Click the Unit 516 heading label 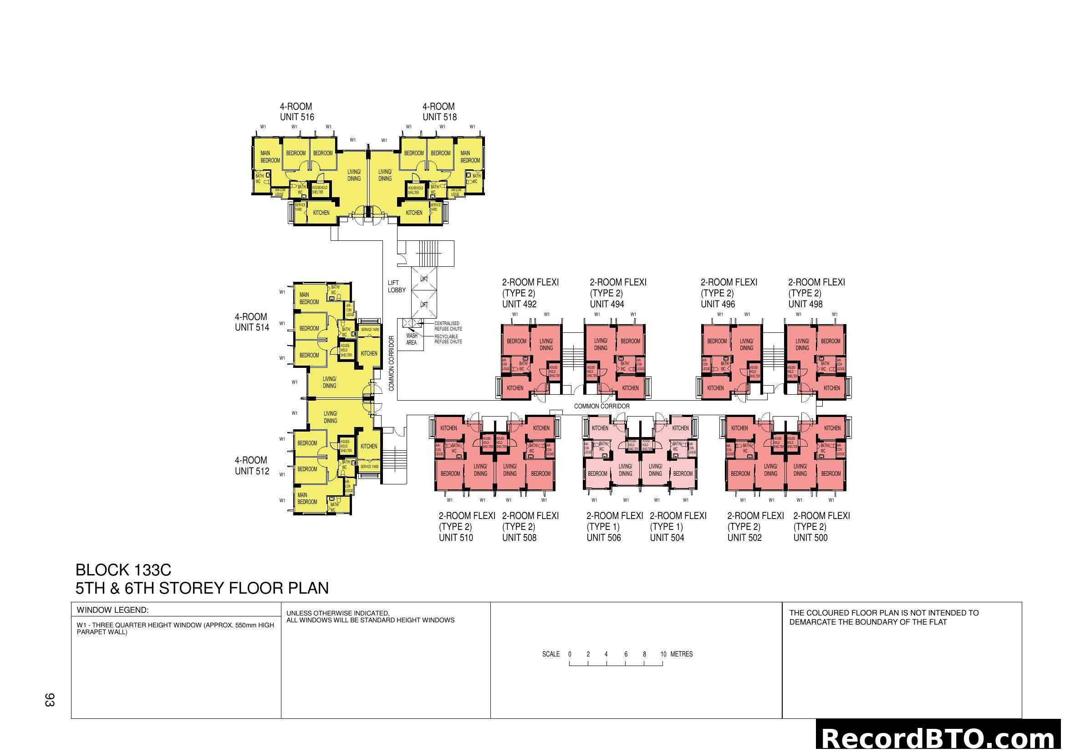[297, 117]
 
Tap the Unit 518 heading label [439, 117]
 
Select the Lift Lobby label [396, 286]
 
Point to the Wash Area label [412, 339]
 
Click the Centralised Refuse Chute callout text [448, 326]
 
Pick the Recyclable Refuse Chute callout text [448, 339]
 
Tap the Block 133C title [123, 570]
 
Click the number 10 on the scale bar [663, 654]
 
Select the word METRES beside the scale [682, 654]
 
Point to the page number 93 [50, 700]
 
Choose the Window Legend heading [112, 610]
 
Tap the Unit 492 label [519, 304]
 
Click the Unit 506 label [603, 538]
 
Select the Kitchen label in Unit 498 [831, 388]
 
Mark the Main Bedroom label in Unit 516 [270, 157]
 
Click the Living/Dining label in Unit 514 [329, 382]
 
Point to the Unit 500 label [810, 538]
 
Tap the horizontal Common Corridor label [601, 406]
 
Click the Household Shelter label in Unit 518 [415, 190]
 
